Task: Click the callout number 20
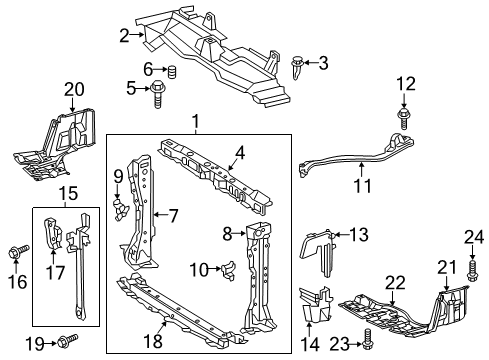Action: (x=74, y=90)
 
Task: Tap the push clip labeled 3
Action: (x=297, y=68)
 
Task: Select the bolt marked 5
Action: (x=157, y=94)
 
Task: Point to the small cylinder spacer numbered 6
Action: (x=171, y=72)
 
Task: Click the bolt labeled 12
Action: (x=403, y=118)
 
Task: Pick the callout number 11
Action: (x=362, y=186)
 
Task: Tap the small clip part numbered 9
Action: (x=120, y=210)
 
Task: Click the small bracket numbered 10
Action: (x=229, y=270)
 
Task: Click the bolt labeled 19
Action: (x=68, y=341)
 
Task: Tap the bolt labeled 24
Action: (x=472, y=271)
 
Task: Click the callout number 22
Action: (x=395, y=283)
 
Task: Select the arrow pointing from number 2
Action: (x=137, y=34)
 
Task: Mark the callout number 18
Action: (x=153, y=341)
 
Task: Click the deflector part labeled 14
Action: (x=315, y=304)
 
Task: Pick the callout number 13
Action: (x=359, y=234)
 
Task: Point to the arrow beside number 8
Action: (x=239, y=234)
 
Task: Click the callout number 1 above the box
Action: (x=196, y=121)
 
